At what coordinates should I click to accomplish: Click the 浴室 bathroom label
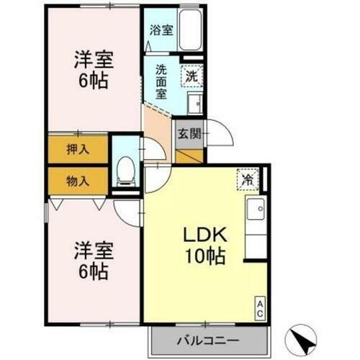pos(161,30)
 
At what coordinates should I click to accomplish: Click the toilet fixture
pos(125,169)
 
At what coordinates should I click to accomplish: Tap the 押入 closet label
pos(78,150)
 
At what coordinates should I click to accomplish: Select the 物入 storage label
pos(78,180)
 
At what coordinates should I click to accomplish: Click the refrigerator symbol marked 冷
pos(247,179)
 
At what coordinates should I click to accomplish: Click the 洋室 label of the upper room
pos(94,58)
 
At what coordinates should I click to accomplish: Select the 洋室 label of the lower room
pos(94,252)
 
